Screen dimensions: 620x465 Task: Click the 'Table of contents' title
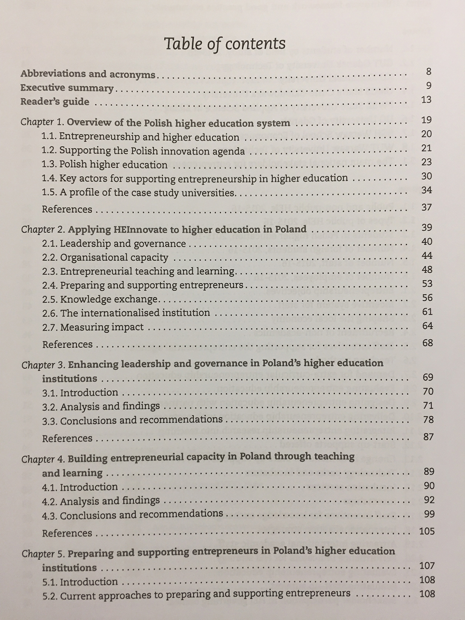pos(225,44)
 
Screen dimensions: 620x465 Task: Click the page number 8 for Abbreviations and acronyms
pos(427,72)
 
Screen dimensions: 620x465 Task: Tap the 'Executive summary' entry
pos(67,88)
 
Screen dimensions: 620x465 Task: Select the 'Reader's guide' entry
pos(55,102)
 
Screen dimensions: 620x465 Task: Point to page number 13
pos(426,100)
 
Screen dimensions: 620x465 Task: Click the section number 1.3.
pos(49,165)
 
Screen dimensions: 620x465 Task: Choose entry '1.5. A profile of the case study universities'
pos(138,193)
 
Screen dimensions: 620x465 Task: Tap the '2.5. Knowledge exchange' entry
pos(100,299)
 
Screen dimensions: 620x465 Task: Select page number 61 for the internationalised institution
pos(427,312)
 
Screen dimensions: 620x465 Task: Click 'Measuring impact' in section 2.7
pos(102,327)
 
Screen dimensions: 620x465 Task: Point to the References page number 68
pos(427,343)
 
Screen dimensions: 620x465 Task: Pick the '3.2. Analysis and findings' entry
pos(101,406)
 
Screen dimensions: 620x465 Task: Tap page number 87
pos(428,437)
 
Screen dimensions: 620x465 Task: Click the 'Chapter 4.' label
pos(43,459)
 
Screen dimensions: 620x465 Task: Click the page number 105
pos(427,531)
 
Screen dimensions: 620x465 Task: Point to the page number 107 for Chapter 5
pos(427,566)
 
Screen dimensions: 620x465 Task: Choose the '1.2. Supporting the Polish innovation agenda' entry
pos(143,151)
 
